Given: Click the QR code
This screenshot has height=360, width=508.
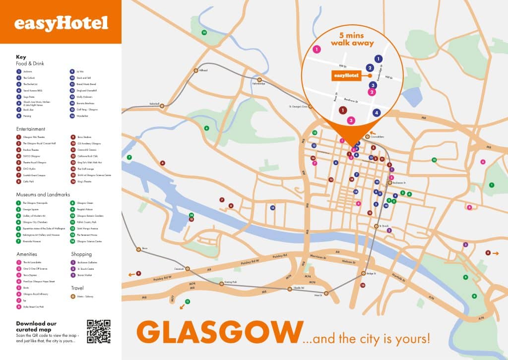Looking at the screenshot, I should [x=98, y=331].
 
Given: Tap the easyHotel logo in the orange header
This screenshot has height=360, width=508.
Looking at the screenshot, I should [x=61, y=23].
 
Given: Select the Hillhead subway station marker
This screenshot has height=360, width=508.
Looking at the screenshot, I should [x=196, y=70].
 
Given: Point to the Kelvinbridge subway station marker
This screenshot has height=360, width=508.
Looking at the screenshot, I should [x=258, y=79].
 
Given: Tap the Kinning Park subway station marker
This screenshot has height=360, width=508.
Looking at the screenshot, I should [x=222, y=284].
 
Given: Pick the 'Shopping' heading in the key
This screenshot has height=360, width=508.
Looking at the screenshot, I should [x=81, y=254].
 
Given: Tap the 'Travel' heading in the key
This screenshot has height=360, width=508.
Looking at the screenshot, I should [x=77, y=288].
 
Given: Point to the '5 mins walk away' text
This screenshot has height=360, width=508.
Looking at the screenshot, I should [x=356, y=39].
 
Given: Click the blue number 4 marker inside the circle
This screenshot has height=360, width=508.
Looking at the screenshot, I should [x=377, y=113].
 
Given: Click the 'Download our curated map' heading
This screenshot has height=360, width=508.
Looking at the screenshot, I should [x=36, y=326].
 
